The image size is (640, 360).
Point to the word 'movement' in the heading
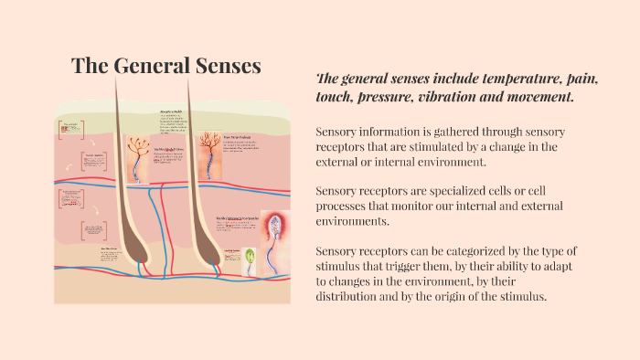(533, 96)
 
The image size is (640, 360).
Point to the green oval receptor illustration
(248, 260)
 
